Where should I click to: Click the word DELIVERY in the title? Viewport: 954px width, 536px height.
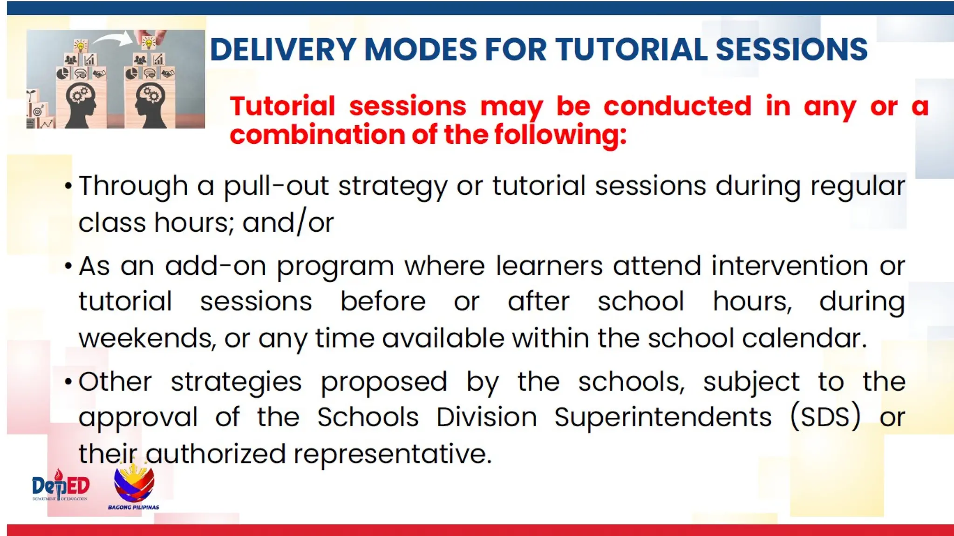282,49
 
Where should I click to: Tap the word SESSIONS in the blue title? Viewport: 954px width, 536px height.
791,49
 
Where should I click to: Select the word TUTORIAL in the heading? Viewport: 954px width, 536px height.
631,49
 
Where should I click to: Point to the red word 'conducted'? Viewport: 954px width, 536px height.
677,106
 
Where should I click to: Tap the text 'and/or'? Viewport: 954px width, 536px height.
288,222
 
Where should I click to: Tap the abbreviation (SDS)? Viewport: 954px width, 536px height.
825,417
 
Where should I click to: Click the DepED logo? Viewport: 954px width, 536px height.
61,486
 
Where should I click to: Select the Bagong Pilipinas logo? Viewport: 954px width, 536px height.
134,486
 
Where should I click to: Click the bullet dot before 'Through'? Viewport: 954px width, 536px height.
68,187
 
